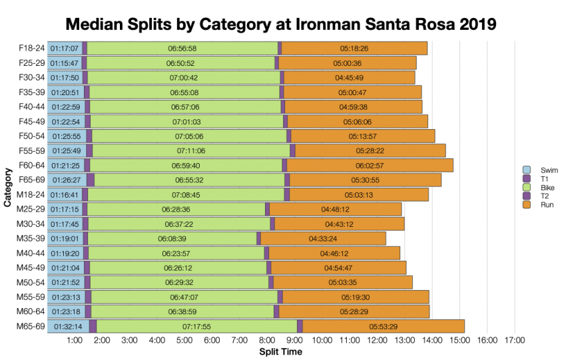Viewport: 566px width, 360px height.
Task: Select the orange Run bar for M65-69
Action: tap(384, 326)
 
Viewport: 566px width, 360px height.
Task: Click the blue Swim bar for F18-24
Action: tap(64, 48)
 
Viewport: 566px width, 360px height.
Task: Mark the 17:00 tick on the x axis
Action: tap(515, 341)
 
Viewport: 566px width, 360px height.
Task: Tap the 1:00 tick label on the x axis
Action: tap(75, 341)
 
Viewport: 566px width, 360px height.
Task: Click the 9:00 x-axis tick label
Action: tap(294, 341)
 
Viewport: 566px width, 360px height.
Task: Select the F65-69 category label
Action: tap(31, 180)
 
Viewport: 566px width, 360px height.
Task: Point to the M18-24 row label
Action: tap(31, 194)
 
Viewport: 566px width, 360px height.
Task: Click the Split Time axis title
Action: tap(280, 351)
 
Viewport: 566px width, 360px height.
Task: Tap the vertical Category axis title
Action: tap(8, 188)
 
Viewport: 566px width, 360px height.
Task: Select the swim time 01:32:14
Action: tap(68, 326)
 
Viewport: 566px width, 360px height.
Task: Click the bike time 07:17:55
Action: tap(196, 326)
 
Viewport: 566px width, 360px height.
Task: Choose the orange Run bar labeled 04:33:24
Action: tap(323, 238)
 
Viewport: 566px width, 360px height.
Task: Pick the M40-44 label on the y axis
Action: tap(31, 253)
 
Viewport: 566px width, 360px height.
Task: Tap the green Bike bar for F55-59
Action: tap(191, 150)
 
